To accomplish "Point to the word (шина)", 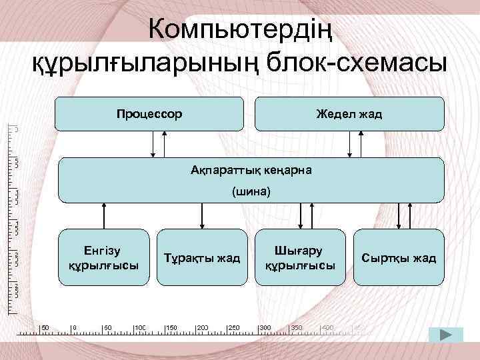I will [x=251, y=192].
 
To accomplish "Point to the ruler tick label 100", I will [x=141, y=328].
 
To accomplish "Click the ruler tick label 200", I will [x=203, y=328].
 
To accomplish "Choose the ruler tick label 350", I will [x=297, y=328].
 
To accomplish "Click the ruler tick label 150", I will [x=172, y=328].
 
